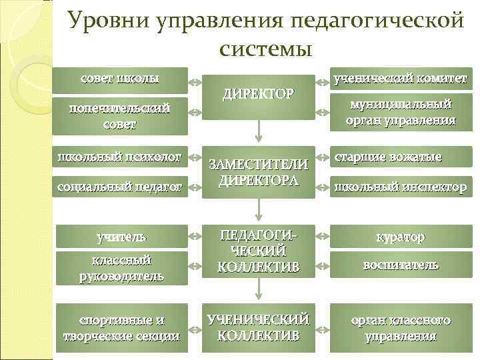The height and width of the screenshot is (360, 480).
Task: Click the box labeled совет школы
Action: point(121,79)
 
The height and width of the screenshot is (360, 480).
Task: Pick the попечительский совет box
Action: point(121,115)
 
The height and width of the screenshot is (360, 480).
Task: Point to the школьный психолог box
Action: point(121,158)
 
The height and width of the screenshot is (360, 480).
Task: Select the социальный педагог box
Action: point(121,189)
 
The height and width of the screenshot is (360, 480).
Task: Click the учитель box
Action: point(121,237)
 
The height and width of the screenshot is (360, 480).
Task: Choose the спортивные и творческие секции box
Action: point(121,327)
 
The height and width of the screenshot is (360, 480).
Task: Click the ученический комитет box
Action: point(401,79)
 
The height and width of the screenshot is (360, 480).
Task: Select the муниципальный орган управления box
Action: point(401,112)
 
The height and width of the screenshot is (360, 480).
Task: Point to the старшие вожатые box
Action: point(401,158)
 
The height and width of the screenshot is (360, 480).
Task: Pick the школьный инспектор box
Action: point(401,187)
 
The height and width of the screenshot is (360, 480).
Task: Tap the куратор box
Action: point(401,237)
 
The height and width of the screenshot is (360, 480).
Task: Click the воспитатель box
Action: point(401,265)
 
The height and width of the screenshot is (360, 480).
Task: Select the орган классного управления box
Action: point(401,327)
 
